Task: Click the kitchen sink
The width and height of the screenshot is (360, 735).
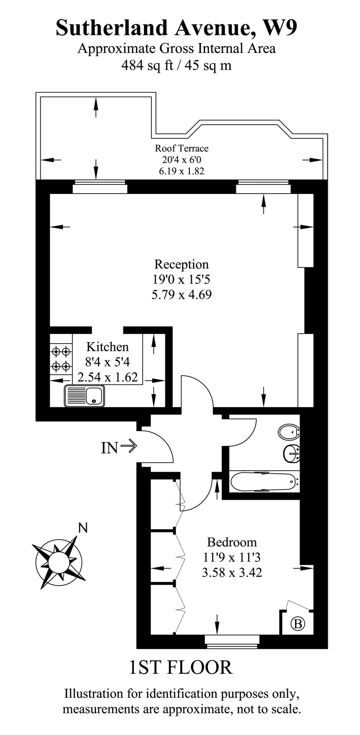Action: pos(85,396)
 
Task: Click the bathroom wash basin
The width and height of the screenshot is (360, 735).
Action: pos(292,454)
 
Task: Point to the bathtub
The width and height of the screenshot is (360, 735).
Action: pos(264,482)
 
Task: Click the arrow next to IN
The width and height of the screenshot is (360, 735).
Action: pos(129,446)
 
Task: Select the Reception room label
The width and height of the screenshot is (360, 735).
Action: pos(181,264)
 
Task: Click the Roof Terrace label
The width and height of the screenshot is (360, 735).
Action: pos(181,148)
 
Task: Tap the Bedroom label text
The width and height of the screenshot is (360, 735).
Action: pos(232,542)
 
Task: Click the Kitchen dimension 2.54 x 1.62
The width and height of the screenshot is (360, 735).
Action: pos(107,377)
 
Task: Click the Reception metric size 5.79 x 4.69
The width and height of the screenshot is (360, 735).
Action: pos(181,295)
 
